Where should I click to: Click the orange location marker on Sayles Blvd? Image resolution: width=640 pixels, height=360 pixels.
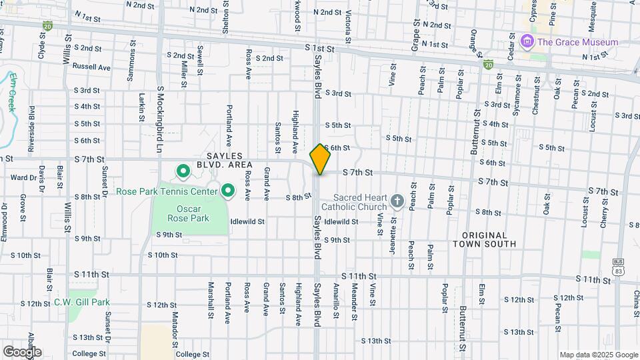click(x=320, y=159)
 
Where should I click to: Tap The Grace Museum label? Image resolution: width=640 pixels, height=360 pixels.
click(x=577, y=42)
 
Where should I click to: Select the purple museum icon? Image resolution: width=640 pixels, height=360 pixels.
click(x=528, y=42)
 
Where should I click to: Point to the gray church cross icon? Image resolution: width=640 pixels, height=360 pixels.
click(x=397, y=201)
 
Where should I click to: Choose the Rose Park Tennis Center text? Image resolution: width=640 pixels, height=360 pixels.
click(x=167, y=192)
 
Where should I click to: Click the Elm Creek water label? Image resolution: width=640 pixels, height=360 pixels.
click(x=11, y=91)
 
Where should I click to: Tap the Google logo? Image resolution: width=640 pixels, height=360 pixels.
click(x=22, y=352)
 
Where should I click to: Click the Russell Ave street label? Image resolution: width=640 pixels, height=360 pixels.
click(x=91, y=67)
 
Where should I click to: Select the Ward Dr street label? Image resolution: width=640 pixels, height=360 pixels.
click(x=23, y=178)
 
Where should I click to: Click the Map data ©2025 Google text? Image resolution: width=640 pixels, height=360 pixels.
click(x=599, y=355)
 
